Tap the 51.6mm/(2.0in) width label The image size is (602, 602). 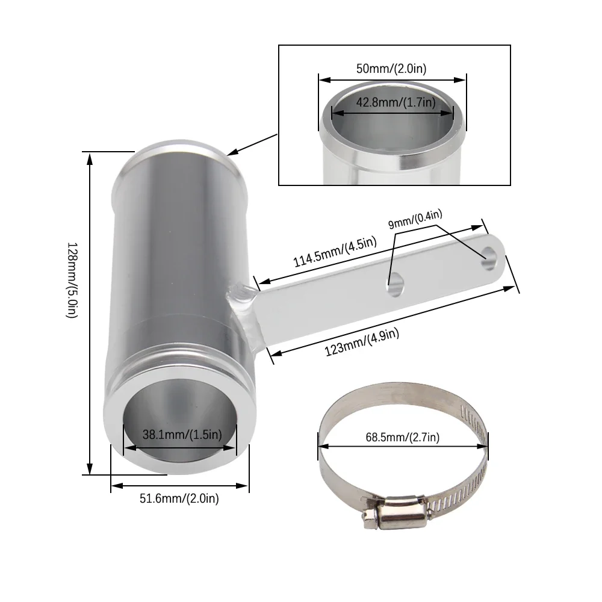pos(179,498)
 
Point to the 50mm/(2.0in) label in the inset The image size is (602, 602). pos(391,69)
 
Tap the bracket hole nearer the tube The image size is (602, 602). pos(395,286)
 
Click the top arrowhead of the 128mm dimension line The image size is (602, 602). pos(90,158)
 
